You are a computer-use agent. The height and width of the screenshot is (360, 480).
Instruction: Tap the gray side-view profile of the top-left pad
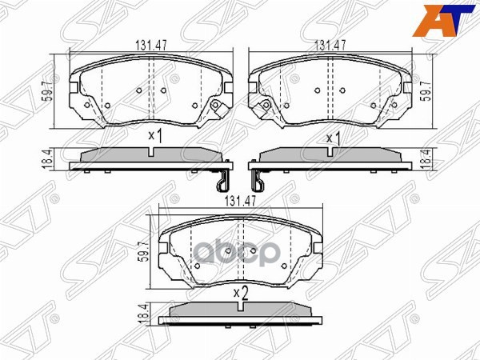[x=150, y=156]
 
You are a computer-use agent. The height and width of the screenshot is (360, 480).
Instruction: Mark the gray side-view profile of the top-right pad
[x=331, y=156]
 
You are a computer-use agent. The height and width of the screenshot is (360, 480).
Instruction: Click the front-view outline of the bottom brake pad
[x=240, y=248]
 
